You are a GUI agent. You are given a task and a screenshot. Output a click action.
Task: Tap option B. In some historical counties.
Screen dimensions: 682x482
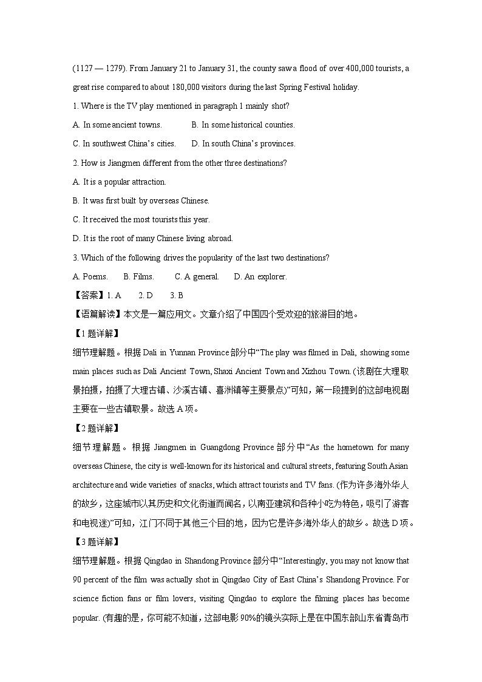(243, 124)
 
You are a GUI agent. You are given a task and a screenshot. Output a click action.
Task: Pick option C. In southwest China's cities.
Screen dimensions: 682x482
(124, 143)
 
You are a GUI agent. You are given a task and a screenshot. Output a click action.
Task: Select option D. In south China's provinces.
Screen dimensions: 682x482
(243, 143)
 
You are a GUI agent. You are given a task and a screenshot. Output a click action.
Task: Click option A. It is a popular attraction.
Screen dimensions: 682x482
(119, 182)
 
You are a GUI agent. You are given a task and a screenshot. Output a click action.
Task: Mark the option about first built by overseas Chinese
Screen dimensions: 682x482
(141, 200)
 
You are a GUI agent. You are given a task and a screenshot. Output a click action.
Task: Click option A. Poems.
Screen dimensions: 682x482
(90, 276)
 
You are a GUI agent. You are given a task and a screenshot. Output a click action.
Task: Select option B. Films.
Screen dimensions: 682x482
(139, 276)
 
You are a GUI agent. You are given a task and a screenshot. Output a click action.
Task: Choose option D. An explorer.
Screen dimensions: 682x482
(260, 276)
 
